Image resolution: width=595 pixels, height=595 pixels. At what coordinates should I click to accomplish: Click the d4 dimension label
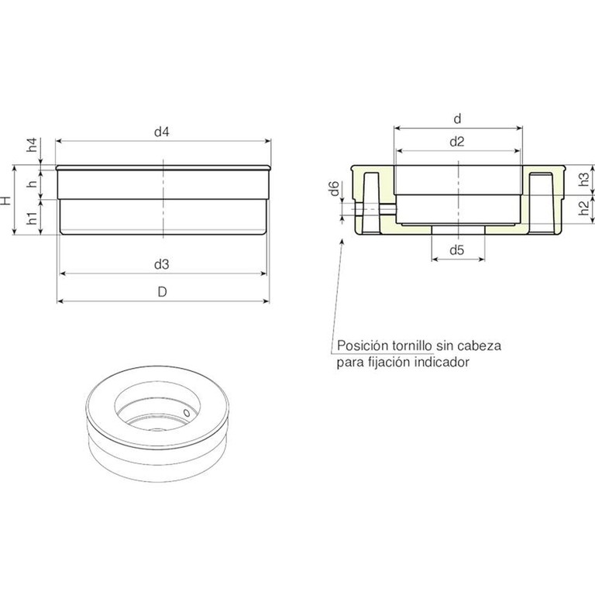click(x=161, y=132)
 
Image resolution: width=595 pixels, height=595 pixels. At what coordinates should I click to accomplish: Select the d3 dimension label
click(x=161, y=264)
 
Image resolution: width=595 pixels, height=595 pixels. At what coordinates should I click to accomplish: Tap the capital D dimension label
click(x=162, y=292)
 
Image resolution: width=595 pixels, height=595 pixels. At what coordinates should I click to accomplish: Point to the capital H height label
click(x=6, y=201)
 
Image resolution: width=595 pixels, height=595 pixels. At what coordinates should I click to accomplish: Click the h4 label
click(x=33, y=145)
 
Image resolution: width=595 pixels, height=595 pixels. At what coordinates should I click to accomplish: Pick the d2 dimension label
click(x=457, y=142)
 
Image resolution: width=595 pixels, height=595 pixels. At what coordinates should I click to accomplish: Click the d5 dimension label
click(x=457, y=250)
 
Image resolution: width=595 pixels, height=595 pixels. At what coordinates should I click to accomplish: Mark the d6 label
click(x=334, y=189)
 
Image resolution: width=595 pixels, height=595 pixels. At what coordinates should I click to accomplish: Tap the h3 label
click(x=584, y=179)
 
